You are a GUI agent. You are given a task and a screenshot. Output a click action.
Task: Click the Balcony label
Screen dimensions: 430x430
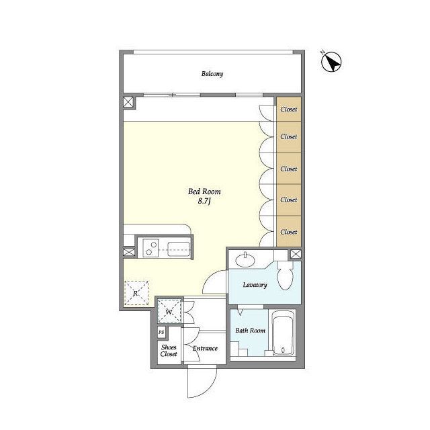point(212,74)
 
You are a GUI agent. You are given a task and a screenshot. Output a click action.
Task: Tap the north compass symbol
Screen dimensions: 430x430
point(331,62)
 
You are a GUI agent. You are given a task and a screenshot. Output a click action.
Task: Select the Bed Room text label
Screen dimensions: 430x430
point(204,191)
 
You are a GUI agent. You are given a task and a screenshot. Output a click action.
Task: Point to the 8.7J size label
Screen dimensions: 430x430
point(204,202)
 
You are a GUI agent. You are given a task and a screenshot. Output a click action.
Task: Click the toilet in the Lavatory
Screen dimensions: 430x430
point(285,275)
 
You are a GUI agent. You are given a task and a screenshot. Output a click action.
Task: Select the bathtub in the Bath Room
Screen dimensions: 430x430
point(283,333)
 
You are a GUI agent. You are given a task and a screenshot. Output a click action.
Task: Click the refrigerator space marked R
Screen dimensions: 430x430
point(136,293)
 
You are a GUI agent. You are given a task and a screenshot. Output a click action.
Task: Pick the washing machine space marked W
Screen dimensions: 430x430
point(169,312)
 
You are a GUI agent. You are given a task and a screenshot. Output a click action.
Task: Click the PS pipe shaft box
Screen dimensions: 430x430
point(161,333)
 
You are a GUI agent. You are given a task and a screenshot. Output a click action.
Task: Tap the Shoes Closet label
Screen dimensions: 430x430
point(169,351)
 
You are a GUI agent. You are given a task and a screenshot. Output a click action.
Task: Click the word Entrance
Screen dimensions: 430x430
point(205,348)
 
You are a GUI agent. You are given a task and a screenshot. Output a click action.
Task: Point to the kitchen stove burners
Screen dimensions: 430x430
point(150,248)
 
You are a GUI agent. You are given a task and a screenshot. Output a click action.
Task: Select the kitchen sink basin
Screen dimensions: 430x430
point(179,249)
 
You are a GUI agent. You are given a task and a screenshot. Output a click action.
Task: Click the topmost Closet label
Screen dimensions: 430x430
point(289,109)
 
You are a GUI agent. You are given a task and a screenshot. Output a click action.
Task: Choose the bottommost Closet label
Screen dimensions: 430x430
point(289,232)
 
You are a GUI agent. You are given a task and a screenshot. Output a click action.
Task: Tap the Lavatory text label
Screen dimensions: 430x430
point(255,285)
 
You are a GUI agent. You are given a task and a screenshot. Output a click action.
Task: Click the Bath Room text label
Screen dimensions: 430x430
point(250,331)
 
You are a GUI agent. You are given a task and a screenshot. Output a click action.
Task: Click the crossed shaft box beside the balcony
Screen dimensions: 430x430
point(128,102)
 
